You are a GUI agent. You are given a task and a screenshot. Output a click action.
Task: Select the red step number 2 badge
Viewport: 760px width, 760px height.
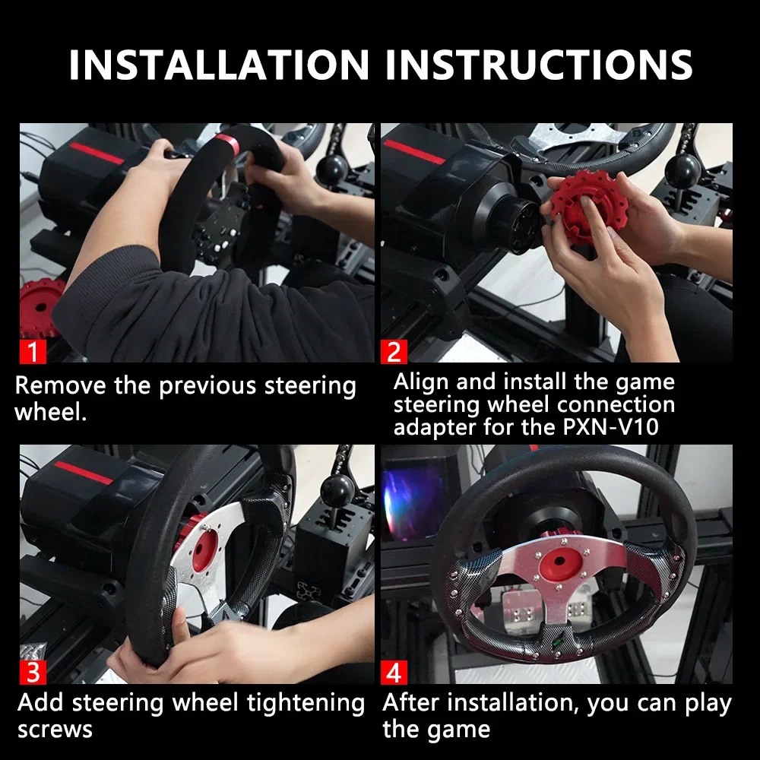click(393, 351)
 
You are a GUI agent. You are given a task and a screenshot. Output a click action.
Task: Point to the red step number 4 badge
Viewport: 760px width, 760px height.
click(393, 672)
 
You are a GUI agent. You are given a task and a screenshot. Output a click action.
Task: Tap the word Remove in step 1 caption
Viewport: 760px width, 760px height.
click(61, 385)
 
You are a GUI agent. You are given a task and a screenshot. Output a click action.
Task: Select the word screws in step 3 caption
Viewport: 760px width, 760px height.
click(55, 729)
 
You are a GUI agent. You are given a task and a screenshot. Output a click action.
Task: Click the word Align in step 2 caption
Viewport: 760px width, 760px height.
click(423, 382)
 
